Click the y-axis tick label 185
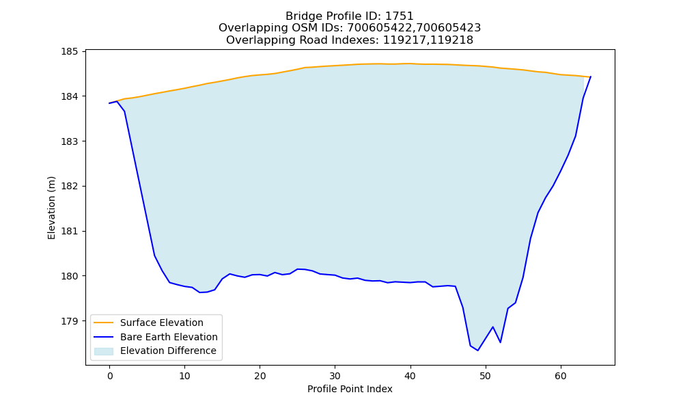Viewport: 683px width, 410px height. coord(69,51)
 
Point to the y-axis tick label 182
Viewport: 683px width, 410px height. coord(69,186)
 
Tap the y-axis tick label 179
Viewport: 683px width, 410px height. coord(69,321)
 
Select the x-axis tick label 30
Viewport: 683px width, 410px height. coord(335,376)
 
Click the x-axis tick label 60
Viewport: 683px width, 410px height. coord(561,376)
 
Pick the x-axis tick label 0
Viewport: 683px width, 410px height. coord(110,376)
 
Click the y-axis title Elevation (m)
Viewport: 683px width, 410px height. coord(51,208)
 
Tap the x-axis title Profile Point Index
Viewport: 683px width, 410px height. coord(350,389)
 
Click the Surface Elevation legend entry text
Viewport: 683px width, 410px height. coord(162,323)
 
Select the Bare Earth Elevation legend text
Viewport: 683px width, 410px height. coord(169,337)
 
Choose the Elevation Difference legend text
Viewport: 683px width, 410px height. coord(168,351)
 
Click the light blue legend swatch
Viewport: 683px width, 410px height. coord(104,351)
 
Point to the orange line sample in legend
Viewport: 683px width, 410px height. coord(104,323)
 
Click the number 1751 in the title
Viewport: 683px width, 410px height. coord(400,16)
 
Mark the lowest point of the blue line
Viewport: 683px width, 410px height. coord(478,351)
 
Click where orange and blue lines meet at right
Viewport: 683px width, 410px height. coord(590,77)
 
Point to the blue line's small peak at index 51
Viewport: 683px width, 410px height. coord(492,327)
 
